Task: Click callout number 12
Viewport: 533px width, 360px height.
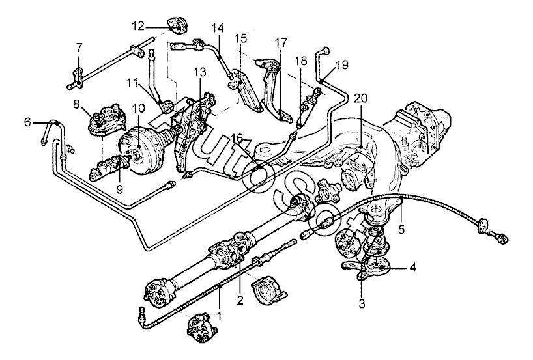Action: click(138, 26)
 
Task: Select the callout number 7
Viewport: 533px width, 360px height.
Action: click(79, 48)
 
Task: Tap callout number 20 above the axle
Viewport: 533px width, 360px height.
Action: click(361, 98)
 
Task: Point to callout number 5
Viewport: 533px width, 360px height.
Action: click(401, 230)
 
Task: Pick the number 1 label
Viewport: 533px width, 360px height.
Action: click(219, 315)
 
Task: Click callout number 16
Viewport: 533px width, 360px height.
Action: click(237, 138)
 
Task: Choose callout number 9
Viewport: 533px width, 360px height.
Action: click(119, 189)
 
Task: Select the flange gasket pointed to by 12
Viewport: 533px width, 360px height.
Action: click(178, 25)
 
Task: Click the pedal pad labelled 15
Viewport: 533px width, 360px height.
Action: click(248, 92)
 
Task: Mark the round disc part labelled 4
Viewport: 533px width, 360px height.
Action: click(375, 264)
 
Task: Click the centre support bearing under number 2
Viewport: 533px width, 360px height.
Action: click(269, 289)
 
